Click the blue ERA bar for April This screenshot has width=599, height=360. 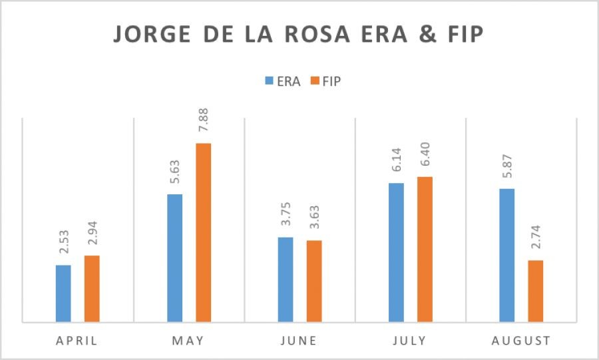pos(63,293)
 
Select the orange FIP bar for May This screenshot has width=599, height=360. pos(203,233)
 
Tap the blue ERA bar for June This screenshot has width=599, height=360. pos(285,279)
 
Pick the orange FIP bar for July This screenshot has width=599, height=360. pos(425,250)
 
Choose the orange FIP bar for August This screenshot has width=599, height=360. pos(535,291)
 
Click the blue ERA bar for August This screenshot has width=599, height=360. pos(506,256)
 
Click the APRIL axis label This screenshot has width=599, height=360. pos(77,341)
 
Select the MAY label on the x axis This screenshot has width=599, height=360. pos(188,341)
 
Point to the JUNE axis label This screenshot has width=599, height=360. pos(299,341)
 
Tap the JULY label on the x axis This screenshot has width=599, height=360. pos(410,341)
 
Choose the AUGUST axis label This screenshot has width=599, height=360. pos(520,341)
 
